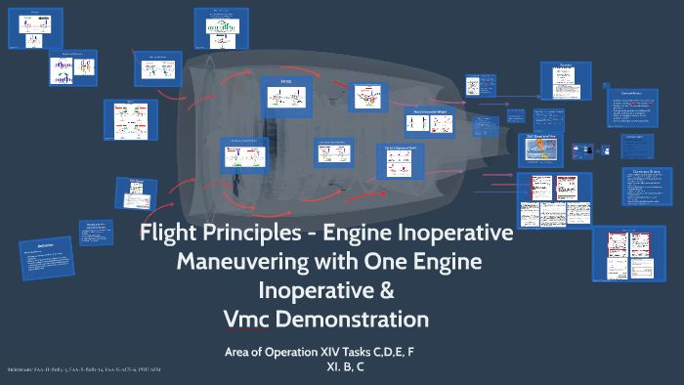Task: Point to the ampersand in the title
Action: pos(387,291)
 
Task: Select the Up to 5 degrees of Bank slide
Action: pos(400,160)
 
